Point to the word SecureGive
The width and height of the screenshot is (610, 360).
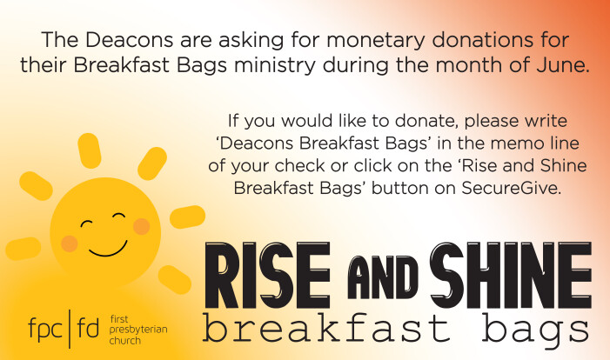coord(512,188)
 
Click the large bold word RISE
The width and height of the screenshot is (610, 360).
coord(268,275)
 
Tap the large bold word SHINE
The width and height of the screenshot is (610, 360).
coord(511,275)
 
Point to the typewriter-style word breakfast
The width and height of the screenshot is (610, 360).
coord(326,328)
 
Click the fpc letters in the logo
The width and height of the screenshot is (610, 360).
coord(45,330)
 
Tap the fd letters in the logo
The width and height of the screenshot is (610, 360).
coord(88,328)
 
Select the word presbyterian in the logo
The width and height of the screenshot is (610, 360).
coord(138,330)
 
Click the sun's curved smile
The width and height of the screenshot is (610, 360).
coord(108,250)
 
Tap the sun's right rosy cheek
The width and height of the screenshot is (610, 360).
coord(141,227)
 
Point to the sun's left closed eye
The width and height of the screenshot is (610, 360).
coord(86,223)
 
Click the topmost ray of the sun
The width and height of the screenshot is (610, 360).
coord(90,150)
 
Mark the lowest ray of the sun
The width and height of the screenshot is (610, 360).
coord(174,279)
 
